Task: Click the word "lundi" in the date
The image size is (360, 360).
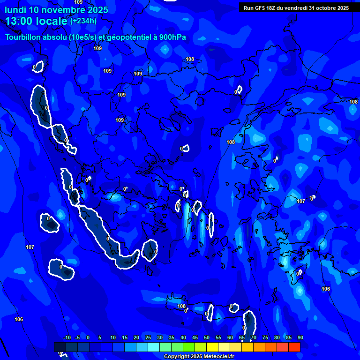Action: click(x=15, y=10)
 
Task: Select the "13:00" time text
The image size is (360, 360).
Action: click(x=18, y=21)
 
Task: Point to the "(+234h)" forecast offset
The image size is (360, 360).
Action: click(x=83, y=21)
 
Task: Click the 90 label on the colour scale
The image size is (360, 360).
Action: click(x=300, y=338)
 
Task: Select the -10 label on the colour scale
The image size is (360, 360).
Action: click(x=67, y=338)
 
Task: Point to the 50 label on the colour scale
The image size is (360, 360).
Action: click(x=206, y=338)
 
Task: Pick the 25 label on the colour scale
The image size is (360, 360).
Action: click(x=148, y=338)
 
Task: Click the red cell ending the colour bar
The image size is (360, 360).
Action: click(x=294, y=347)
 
